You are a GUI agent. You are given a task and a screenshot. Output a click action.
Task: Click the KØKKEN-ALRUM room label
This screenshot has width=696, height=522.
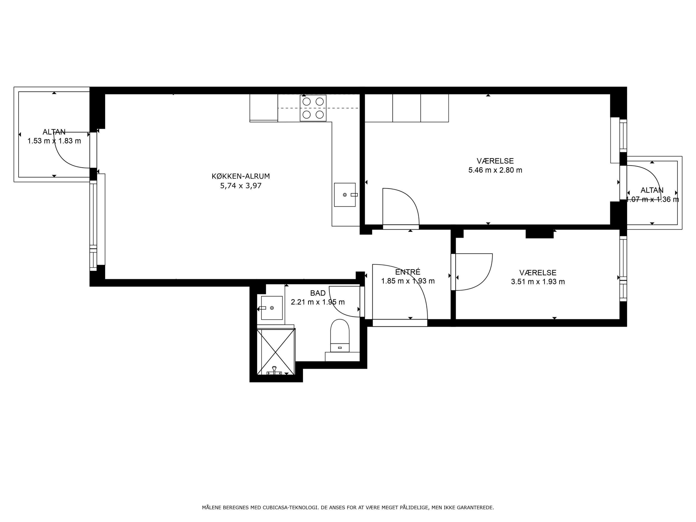(241, 176)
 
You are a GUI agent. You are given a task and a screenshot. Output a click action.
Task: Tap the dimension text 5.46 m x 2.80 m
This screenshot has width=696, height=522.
(495, 170)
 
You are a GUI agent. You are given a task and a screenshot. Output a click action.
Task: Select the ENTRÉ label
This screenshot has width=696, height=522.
(408, 272)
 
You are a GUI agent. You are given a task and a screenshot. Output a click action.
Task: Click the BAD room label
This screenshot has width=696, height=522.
(318, 293)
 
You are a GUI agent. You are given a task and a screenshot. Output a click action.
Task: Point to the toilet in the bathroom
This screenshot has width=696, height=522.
(340, 336)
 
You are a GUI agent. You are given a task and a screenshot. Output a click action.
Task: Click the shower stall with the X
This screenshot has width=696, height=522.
(276, 351)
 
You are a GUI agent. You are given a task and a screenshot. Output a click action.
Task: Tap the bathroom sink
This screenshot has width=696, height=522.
(271, 308)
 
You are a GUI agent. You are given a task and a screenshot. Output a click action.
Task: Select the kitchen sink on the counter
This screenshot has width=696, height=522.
(345, 195)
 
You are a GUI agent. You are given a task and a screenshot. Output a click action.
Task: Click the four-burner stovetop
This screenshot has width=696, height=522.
(313, 108)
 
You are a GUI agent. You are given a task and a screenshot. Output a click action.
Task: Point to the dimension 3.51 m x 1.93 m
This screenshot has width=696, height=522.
(538, 282)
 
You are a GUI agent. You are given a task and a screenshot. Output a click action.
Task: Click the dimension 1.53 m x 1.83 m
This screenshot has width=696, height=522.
(54, 141)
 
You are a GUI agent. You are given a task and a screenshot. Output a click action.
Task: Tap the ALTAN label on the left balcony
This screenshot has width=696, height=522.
(54, 132)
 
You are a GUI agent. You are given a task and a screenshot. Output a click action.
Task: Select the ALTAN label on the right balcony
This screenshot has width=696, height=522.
(652, 190)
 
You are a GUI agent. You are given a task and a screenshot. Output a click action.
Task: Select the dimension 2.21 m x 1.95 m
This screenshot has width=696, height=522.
(318, 302)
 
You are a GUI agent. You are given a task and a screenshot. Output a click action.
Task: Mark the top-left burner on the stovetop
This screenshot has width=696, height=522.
(306, 102)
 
